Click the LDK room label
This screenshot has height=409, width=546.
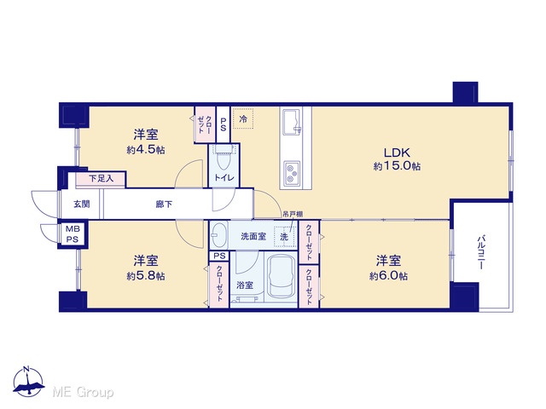(398, 153)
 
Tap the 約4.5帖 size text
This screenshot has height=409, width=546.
(146, 150)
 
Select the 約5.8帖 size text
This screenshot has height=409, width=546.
(146, 276)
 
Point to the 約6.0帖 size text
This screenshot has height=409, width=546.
(388, 276)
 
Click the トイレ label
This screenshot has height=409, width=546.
(224, 178)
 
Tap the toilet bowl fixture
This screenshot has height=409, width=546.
(223, 158)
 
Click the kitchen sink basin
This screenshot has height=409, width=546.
(292, 122)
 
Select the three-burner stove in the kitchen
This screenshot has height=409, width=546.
(292, 172)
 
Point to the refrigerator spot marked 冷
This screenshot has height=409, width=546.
(243, 119)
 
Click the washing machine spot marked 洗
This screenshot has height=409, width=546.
(284, 237)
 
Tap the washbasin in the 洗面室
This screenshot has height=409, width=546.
(219, 234)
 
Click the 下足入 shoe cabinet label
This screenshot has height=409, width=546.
(101, 179)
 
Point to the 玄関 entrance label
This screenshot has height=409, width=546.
(82, 204)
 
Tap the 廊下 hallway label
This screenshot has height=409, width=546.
(164, 204)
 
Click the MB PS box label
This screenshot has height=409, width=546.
(73, 234)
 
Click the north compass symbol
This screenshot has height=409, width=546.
(28, 382)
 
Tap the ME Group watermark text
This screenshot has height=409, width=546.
(83, 392)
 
